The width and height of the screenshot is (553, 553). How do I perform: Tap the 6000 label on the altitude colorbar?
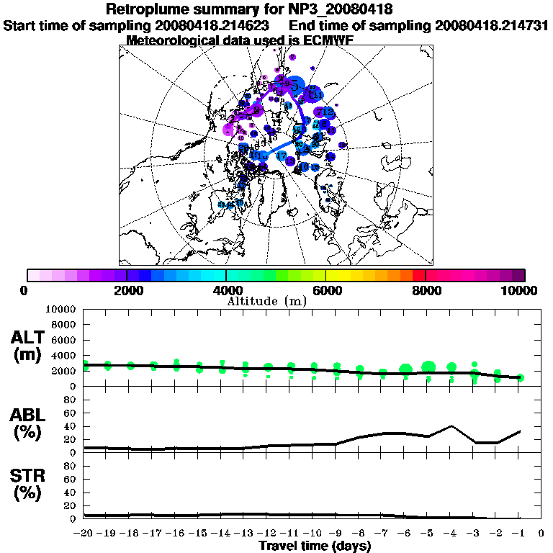(x=325, y=291)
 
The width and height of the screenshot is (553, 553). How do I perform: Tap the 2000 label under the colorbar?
(x=127, y=291)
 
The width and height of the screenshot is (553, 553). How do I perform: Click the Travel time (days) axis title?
(x=315, y=546)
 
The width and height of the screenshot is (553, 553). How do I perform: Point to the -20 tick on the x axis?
(x=84, y=534)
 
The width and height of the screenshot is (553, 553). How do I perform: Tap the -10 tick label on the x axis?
(x=314, y=534)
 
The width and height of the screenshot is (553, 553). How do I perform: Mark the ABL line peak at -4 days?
(x=451, y=426)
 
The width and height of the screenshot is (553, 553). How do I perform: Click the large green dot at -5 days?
(x=428, y=367)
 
